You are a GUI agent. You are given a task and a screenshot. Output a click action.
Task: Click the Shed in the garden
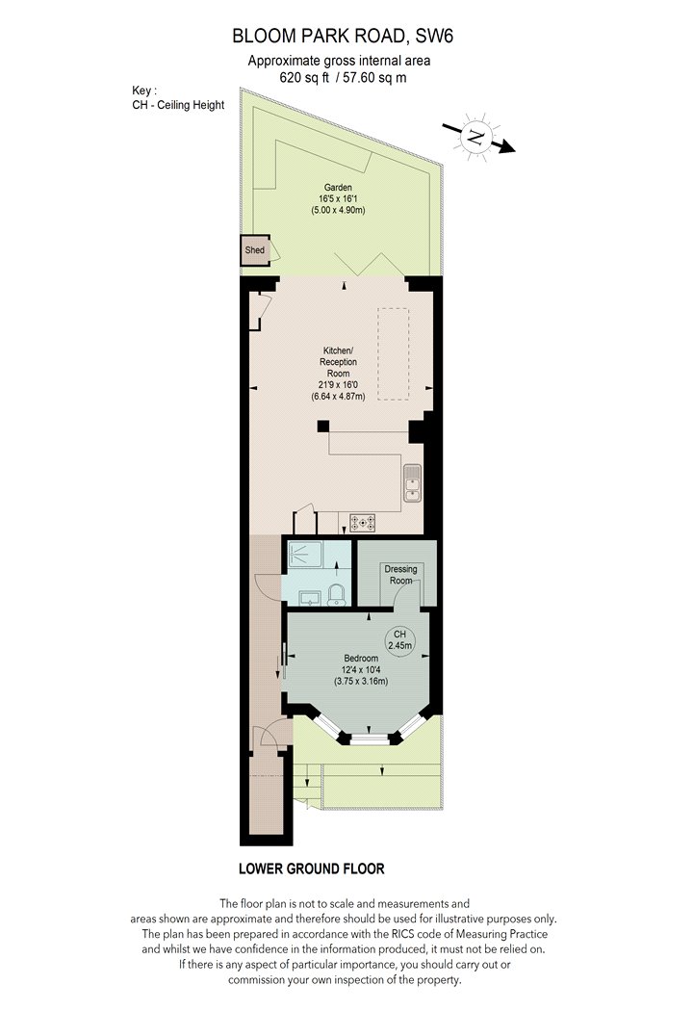255,250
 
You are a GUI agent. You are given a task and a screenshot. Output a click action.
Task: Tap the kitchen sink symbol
412,483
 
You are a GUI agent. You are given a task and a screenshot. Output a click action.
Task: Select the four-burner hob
362,523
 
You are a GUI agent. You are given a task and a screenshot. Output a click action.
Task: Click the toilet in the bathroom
337,594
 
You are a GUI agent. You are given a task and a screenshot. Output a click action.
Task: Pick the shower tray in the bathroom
305,556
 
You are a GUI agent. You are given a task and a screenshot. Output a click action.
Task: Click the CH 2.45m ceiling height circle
399,639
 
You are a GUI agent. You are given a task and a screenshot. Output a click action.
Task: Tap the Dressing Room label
400,575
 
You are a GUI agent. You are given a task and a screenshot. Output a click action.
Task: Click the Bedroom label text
361,659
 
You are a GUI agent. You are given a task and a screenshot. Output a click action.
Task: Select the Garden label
338,188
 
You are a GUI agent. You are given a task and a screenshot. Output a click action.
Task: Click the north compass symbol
477,138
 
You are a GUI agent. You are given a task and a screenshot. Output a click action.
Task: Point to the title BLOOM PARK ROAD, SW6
343,37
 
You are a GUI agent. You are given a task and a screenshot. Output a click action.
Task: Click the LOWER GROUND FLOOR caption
311,868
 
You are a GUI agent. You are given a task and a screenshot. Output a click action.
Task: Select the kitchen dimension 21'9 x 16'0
339,385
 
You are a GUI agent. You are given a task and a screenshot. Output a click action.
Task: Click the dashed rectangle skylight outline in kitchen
394,354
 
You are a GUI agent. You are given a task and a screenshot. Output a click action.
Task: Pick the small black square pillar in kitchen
323,427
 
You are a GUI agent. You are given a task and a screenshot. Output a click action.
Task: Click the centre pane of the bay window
370,739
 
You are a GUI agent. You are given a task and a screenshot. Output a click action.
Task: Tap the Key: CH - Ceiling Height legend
178,98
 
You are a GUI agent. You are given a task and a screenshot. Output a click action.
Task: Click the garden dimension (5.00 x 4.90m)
339,210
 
